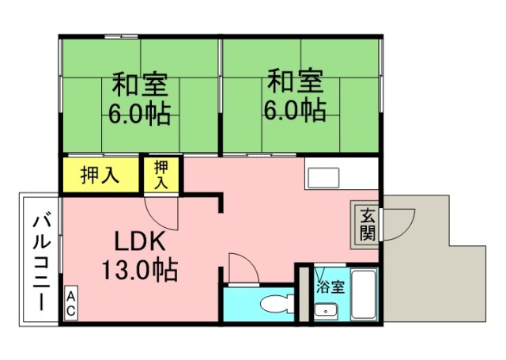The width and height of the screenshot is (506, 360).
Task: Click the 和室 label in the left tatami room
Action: [x=140, y=82]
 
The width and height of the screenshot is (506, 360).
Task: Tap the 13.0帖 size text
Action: [x=139, y=271]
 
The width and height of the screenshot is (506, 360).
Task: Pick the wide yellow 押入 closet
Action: [x=100, y=175]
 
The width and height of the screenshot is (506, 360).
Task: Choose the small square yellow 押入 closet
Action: [x=162, y=174]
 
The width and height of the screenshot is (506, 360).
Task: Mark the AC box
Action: [x=70, y=305]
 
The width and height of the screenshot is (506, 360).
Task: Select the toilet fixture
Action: [x=274, y=305]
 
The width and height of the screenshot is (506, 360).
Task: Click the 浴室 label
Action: [x=330, y=286]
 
